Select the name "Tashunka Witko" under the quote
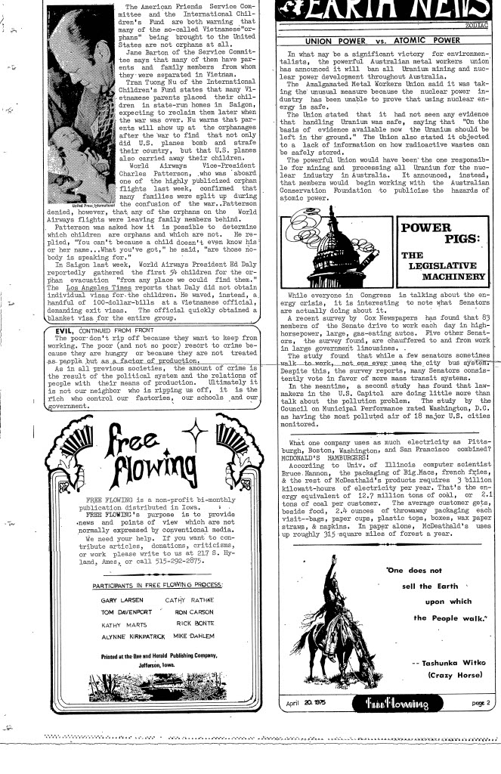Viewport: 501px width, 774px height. [447, 662]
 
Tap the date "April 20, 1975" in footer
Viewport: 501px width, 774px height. [302, 704]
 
